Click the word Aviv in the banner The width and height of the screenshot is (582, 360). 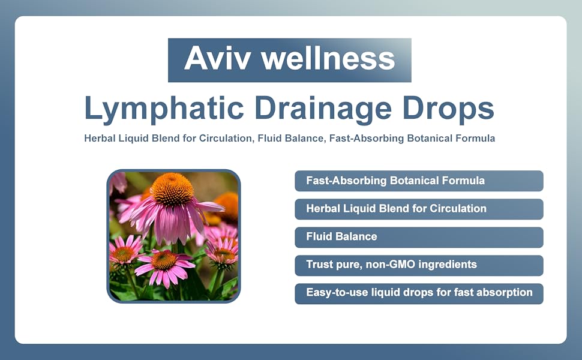217,58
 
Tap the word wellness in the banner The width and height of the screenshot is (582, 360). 328,58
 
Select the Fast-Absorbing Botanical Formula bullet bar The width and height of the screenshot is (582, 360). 419,181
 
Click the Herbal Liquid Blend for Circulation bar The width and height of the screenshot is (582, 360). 419,209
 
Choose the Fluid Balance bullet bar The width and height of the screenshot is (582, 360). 419,237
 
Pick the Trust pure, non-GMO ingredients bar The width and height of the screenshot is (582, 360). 419,265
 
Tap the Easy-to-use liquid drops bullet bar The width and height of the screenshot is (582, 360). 419,293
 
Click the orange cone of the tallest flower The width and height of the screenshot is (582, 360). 172,189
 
